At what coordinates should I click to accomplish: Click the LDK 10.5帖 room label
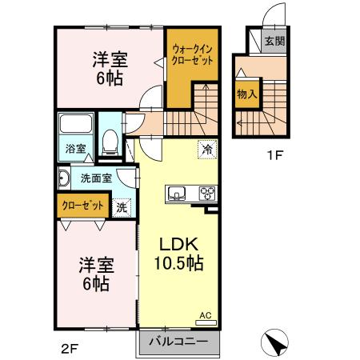coord(178,253)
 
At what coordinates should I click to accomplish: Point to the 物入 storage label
coord(246,94)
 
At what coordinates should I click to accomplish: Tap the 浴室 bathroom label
coord(74,148)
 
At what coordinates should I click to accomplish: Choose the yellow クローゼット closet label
coord(84,206)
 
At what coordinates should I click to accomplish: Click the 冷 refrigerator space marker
coord(206,150)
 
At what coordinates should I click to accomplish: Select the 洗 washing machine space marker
coord(121,206)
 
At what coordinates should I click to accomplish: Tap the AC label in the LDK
coord(204,316)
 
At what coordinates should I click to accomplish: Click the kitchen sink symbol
coord(177,193)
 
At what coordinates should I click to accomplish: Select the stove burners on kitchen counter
coord(207,193)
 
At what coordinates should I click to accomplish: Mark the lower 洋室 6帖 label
coord(94,274)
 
